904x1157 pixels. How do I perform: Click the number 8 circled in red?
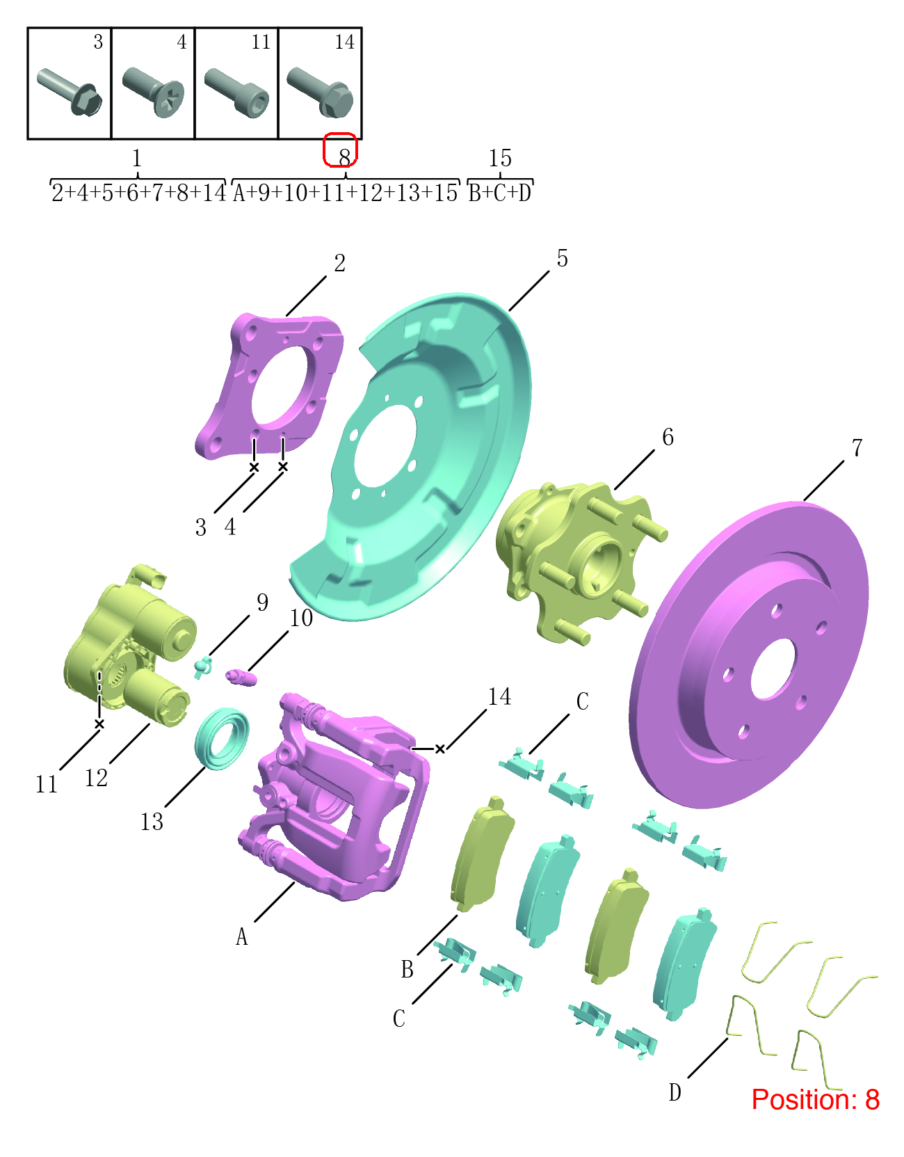point(345,157)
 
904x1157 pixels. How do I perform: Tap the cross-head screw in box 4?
point(153,92)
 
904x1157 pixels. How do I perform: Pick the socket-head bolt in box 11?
point(236,93)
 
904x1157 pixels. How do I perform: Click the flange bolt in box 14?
point(320,93)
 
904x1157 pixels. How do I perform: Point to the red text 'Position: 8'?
point(815,1099)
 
